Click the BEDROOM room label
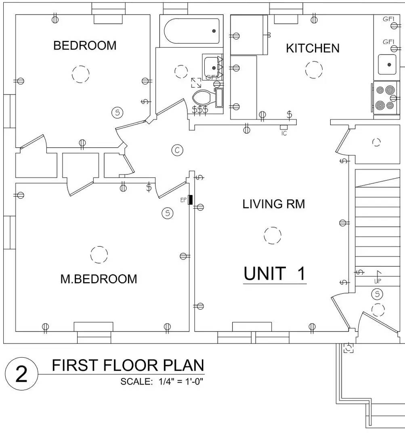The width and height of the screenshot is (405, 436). pyautogui.click(x=85, y=46)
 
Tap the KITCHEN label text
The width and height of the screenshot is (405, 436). pyautogui.click(x=313, y=48)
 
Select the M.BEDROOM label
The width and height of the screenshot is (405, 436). pyautogui.click(x=99, y=279)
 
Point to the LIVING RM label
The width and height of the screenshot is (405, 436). pyautogui.click(x=274, y=204)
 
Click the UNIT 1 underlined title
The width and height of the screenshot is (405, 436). pyautogui.click(x=275, y=274)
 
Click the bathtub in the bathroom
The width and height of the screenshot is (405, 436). pyautogui.click(x=191, y=31)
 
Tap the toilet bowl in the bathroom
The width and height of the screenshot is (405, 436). pyautogui.click(x=201, y=97)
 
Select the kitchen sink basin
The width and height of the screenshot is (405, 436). pyautogui.click(x=387, y=65)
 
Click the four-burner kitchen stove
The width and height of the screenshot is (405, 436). pyautogui.click(x=385, y=98)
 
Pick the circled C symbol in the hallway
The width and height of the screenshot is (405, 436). pyautogui.click(x=177, y=151)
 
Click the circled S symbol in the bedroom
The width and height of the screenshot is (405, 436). pyautogui.click(x=118, y=113)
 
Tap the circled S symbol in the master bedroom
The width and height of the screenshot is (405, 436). pyautogui.click(x=168, y=213)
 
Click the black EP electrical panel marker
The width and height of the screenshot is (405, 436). pyautogui.click(x=190, y=200)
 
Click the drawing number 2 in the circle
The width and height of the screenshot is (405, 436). pyautogui.click(x=21, y=374)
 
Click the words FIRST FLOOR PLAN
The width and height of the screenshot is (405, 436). pyautogui.click(x=128, y=365)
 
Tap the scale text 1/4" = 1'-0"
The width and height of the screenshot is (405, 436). pyautogui.click(x=181, y=381)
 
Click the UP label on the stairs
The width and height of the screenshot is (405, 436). pyautogui.click(x=378, y=281)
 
